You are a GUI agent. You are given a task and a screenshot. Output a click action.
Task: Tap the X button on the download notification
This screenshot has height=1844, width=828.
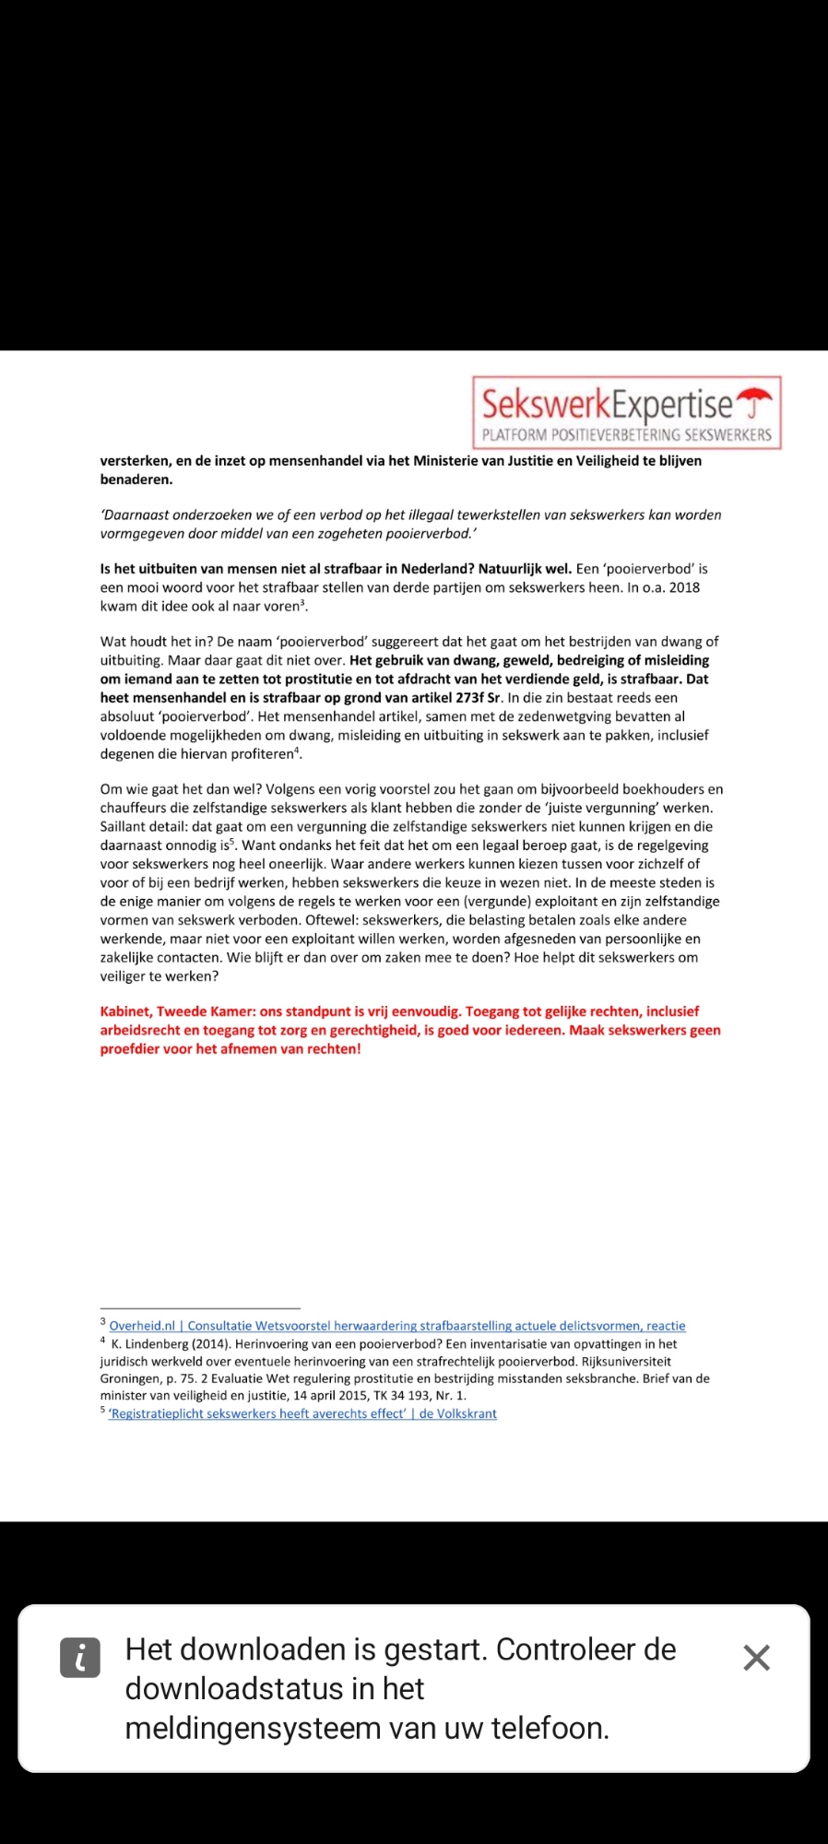(756, 1658)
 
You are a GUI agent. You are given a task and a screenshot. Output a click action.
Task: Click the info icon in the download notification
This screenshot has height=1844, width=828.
(80, 1658)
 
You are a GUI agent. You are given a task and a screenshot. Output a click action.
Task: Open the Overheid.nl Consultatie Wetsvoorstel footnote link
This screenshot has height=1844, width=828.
(396, 1326)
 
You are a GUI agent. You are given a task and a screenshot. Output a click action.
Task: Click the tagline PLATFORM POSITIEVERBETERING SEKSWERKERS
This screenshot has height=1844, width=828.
(626, 435)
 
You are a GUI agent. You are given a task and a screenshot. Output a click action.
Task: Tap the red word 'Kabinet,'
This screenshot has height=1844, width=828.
(126, 1011)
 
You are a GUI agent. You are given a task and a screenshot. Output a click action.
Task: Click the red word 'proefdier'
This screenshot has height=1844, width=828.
(130, 1049)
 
